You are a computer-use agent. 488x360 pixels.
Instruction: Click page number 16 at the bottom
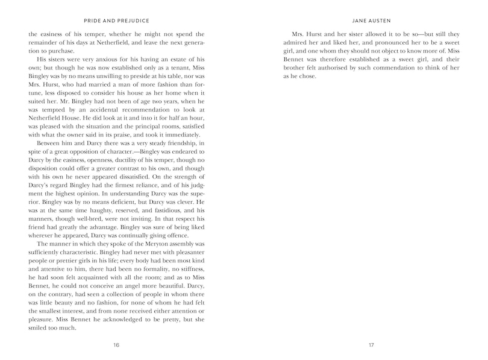[x=116, y=344]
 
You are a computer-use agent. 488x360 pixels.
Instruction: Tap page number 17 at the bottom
[x=371, y=344]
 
